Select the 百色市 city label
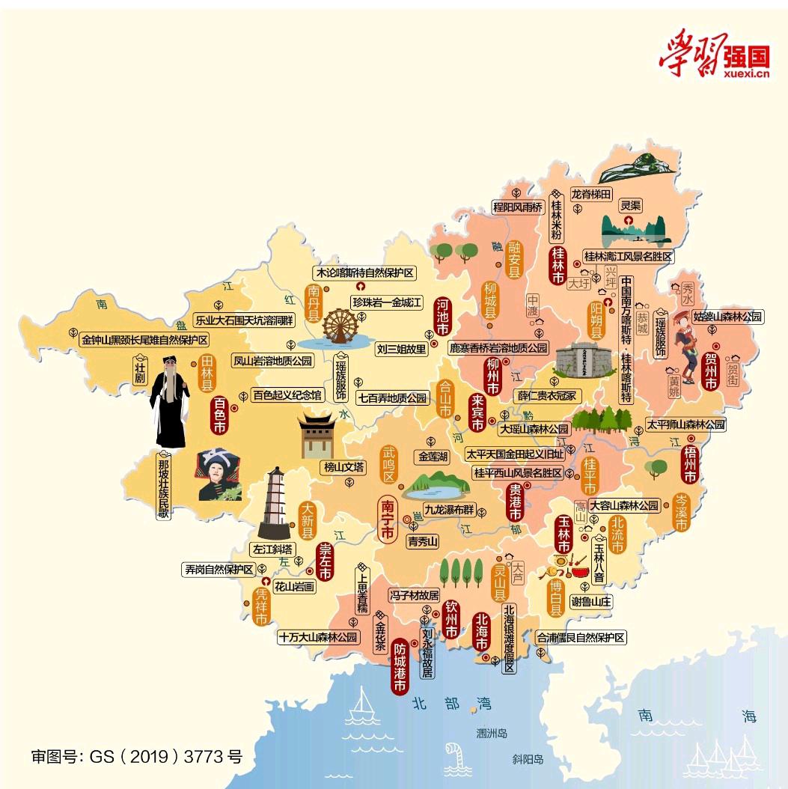point(219,416)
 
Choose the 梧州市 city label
point(689,465)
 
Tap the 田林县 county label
point(207,374)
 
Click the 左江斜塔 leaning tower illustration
point(275,500)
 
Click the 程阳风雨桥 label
point(516,207)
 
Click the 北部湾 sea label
point(452,703)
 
